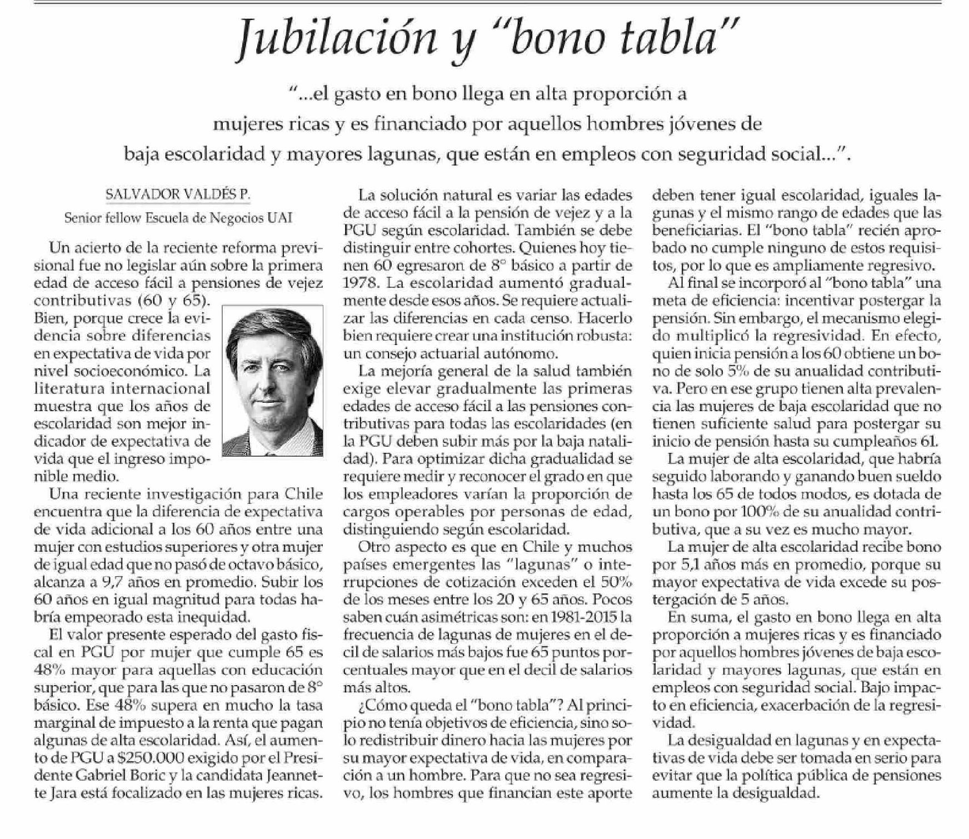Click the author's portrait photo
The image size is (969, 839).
(273, 381)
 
